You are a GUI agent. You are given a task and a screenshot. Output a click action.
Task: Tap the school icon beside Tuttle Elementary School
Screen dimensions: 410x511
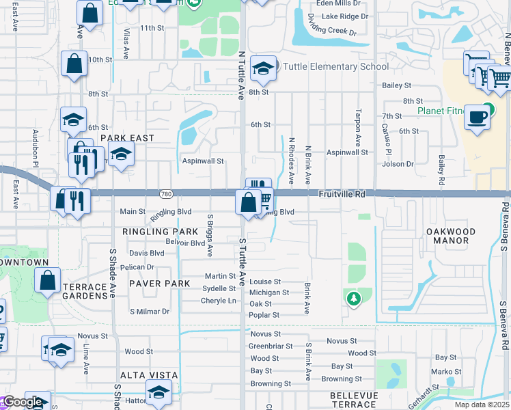[x=263, y=68]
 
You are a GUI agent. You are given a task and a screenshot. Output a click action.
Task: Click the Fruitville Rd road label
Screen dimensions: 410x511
[x=342, y=195]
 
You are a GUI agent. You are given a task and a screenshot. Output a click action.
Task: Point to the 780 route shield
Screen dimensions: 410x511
[x=165, y=195]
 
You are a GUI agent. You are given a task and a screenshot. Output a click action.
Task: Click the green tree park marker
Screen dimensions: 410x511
[x=353, y=298]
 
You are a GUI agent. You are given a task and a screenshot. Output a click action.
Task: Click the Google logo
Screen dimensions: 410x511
[x=23, y=402]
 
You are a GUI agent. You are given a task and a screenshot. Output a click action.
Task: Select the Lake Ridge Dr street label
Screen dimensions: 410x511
[x=344, y=16]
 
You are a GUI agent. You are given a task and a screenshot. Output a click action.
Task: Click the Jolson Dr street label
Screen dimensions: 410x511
[x=399, y=164]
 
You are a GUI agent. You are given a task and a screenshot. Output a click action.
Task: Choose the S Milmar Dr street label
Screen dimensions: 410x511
[x=149, y=312]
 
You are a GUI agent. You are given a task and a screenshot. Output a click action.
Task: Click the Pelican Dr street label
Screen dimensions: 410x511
[x=137, y=267]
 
